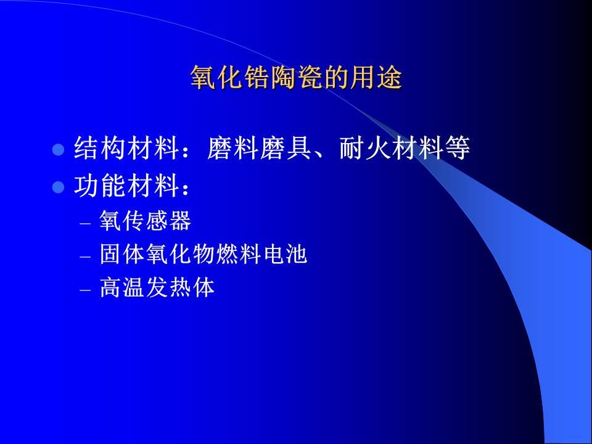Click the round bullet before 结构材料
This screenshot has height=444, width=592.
click(x=58, y=149)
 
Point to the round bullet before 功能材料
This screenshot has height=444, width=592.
click(x=58, y=187)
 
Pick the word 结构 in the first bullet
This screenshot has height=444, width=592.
click(x=99, y=147)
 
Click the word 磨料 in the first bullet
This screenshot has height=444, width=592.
click(x=233, y=147)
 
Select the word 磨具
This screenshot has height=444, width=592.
click(x=286, y=147)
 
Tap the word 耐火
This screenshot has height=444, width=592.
click(x=365, y=147)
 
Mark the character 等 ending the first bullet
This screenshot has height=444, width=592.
click(x=458, y=147)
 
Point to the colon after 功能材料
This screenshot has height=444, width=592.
click(x=185, y=187)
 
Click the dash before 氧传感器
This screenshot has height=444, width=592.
click(x=86, y=223)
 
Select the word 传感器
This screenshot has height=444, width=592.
click(x=157, y=221)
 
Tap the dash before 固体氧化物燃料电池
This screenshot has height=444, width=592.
click(x=86, y=257)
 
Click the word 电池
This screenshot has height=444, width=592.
click(x=286, y=253)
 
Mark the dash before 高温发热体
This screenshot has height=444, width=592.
click(x=86, y=290)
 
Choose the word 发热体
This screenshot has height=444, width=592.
click(x=181, y=287)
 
